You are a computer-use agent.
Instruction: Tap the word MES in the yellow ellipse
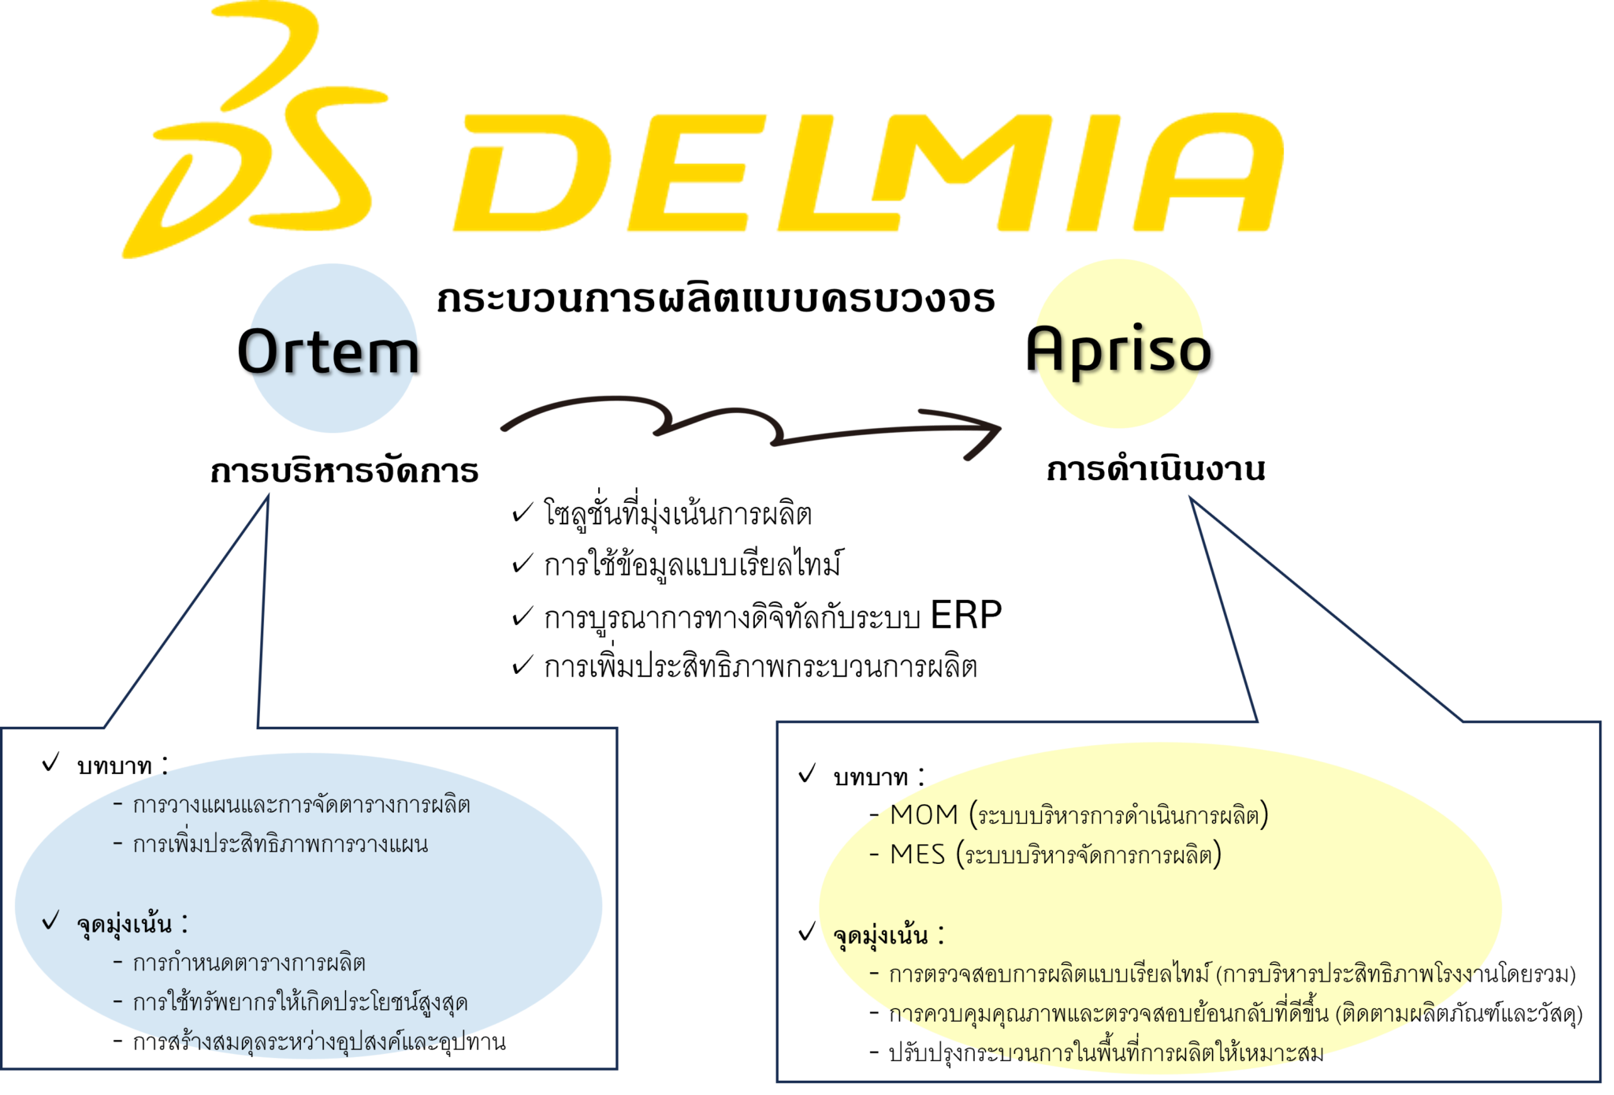tap(917, 855)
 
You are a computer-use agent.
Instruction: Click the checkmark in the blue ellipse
tap(50, 920)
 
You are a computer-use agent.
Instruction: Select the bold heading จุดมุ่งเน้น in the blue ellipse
tap(125, 924)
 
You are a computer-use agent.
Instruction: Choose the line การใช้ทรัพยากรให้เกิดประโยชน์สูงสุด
tap(299, 1003)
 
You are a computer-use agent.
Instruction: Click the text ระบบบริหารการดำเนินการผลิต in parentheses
tap(1119, 816)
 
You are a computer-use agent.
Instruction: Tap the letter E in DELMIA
tap(701, 173)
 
